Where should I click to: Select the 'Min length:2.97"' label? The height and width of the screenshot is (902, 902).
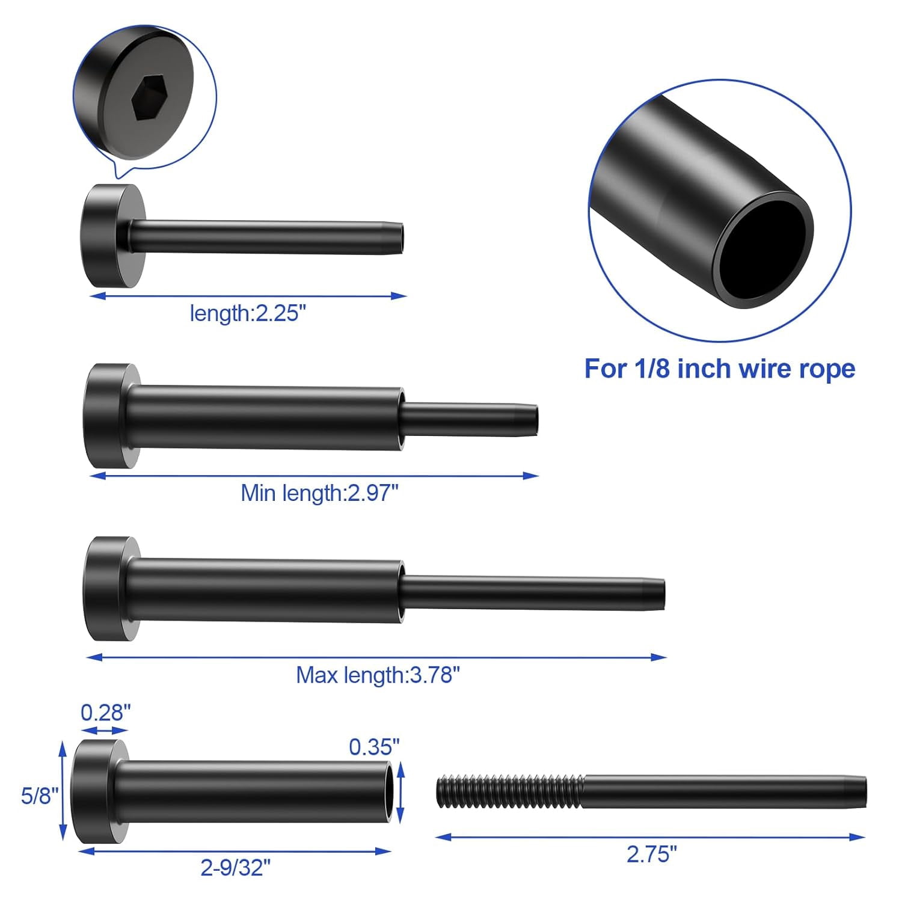pyautogui.click(x=319, y=493)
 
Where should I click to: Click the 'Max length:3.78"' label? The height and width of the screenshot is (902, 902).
pyautogui.click(x=378, y=675)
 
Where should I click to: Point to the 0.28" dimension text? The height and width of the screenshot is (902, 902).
pyautogui.click(x=106, y=713)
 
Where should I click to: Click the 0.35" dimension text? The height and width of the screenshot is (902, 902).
pyautogui.click(x=374, y=747)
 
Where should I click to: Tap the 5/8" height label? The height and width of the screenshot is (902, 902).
pyautogui.click(x=40, y=796)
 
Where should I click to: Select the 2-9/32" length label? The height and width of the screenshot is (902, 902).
pyautogui.click(x=235, y=868)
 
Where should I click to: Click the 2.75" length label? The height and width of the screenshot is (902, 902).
pyautogui.click(x=651, y=854)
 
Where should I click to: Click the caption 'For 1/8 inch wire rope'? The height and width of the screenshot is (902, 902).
pyautogui.click(x=719, y=368)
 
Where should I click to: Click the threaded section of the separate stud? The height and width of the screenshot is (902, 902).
pyautogui.click(x=509, y=791)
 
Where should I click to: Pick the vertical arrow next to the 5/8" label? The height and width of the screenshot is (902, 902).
pyautogui.click(x=63, y=791)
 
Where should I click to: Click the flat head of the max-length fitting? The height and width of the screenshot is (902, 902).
pyautogui.click(x=102, y=588)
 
